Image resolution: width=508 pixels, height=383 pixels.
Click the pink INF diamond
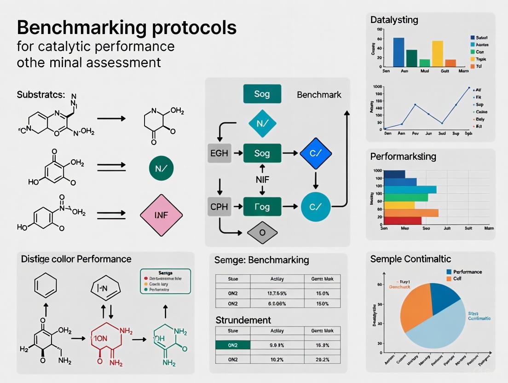161,215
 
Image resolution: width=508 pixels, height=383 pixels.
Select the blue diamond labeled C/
315,153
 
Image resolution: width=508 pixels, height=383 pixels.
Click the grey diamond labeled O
262,232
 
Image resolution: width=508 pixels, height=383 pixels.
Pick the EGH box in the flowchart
219,153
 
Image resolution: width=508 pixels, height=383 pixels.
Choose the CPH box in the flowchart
219,207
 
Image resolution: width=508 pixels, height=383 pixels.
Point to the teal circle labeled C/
316,207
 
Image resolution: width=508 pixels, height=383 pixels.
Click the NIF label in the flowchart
262,180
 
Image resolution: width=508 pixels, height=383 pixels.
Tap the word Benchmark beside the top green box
319,95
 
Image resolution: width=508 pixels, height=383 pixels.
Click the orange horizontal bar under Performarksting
411,213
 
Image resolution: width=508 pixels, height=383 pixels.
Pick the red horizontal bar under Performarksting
403,221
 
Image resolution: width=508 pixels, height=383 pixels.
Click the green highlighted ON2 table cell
232,345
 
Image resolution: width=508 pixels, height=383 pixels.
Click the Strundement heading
243,319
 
